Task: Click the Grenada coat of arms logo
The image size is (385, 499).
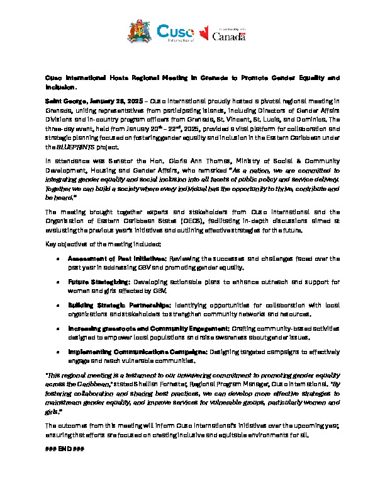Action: [x=139, y=32]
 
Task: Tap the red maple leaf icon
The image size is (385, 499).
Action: [x=204, y=33]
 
